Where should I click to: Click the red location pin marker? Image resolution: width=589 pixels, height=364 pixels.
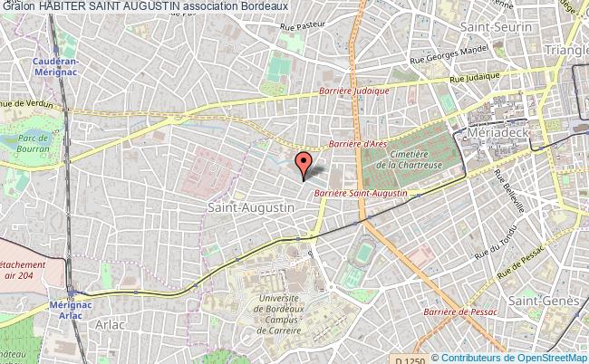pos(304,164)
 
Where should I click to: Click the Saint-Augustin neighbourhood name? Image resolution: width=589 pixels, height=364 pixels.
pos(238,207)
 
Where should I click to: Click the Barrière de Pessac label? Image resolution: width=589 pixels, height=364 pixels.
pos(464,311)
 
